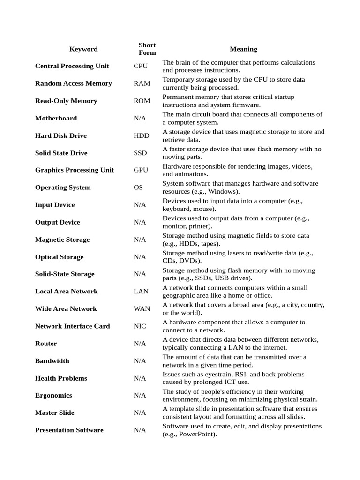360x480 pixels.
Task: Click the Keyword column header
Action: point(83,49)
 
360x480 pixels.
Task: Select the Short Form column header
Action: point(147,49)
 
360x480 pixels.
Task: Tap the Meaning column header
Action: point(243,49)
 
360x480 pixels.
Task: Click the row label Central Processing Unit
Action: point(72,66)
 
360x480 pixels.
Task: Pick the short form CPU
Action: point(141,66)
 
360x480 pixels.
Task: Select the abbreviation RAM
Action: point(142,83)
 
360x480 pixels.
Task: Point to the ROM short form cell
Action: point(142,101)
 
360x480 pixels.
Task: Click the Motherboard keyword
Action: point(56,118)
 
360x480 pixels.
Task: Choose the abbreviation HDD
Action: point(142,135)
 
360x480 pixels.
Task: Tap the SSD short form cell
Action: point(141,153)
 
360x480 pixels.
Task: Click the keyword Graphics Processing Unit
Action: point(74,170)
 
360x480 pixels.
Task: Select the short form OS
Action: point(138,187)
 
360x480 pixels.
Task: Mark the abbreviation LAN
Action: point(141,291)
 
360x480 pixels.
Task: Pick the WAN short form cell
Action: point(142,308)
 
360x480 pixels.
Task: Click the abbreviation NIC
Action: point(140,326)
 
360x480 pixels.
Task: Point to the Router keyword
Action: point(46,344)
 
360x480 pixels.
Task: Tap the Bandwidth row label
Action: point(52,361)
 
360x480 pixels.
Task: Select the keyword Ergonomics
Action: point(53,395)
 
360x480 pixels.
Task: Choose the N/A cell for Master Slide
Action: point(140,412)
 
